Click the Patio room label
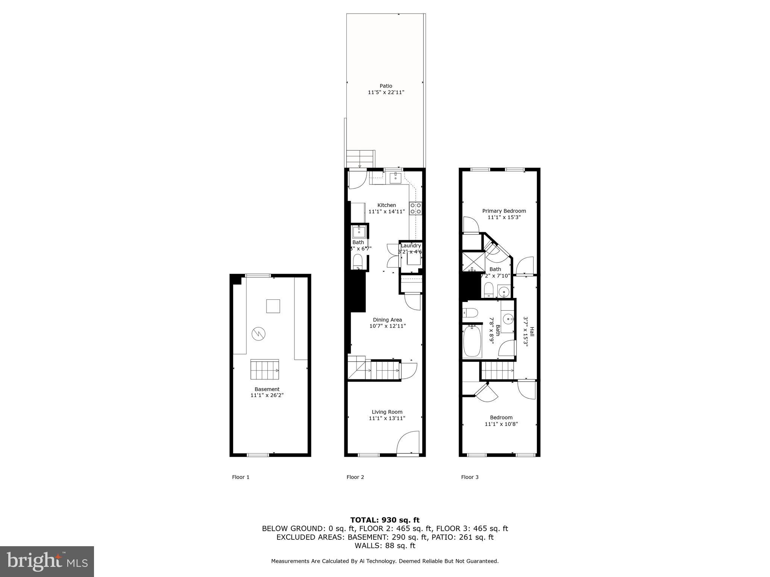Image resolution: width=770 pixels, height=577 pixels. (386, 86)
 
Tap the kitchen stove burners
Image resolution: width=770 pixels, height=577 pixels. (415, 208)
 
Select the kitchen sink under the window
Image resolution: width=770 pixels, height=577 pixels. (396, 177)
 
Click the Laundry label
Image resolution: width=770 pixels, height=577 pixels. (411, 246)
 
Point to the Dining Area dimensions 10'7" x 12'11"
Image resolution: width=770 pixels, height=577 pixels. (387, 326)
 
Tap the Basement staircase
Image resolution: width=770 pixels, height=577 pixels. (265, 370)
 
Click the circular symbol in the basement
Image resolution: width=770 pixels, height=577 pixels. (259, 333)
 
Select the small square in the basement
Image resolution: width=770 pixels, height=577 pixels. (273, 306)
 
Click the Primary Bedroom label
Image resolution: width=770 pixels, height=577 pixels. (504, 211)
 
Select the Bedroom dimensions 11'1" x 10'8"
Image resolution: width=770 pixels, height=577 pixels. (501, 424)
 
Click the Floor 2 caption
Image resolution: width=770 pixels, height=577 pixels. (355, 477)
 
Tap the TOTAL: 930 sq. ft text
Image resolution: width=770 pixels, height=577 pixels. (385, 520)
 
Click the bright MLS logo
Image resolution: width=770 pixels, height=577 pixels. (47, 561)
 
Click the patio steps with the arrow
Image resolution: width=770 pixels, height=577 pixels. (360, 159)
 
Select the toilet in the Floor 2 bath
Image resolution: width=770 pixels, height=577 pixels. (358, 261)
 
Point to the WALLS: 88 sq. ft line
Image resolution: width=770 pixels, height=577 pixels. (385, 546)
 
